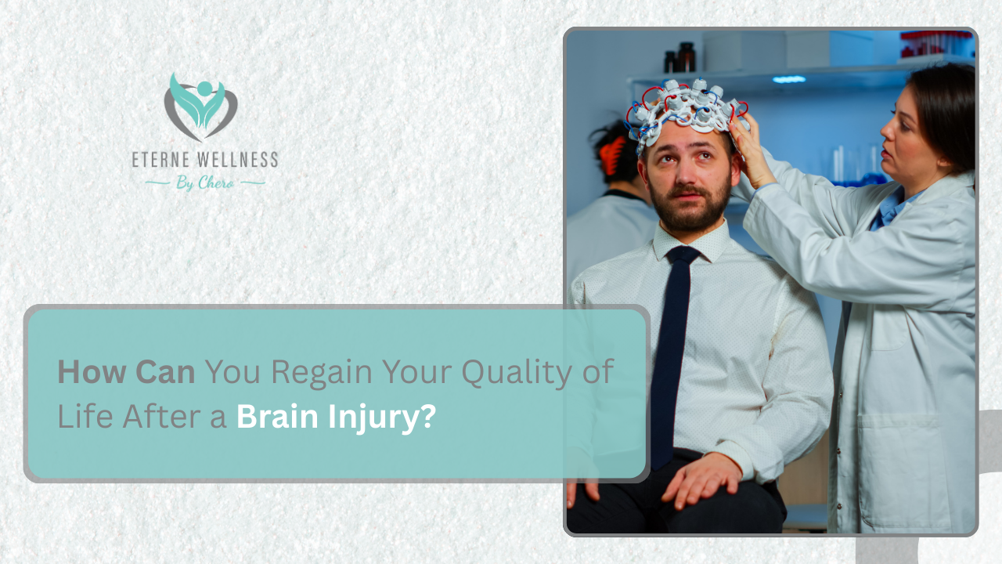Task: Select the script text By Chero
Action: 205,183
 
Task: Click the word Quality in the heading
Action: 516,372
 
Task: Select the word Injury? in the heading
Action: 383,417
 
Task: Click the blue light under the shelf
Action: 789,79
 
